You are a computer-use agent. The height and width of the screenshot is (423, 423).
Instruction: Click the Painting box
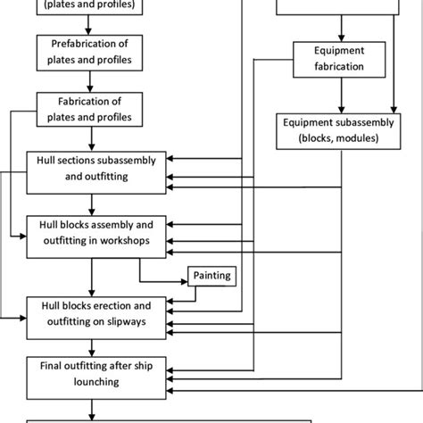tap(211, 276)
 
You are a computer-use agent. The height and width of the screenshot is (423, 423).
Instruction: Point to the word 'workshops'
tap(134, 240)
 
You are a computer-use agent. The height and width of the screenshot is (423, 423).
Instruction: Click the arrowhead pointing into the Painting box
tap(182, 277)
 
